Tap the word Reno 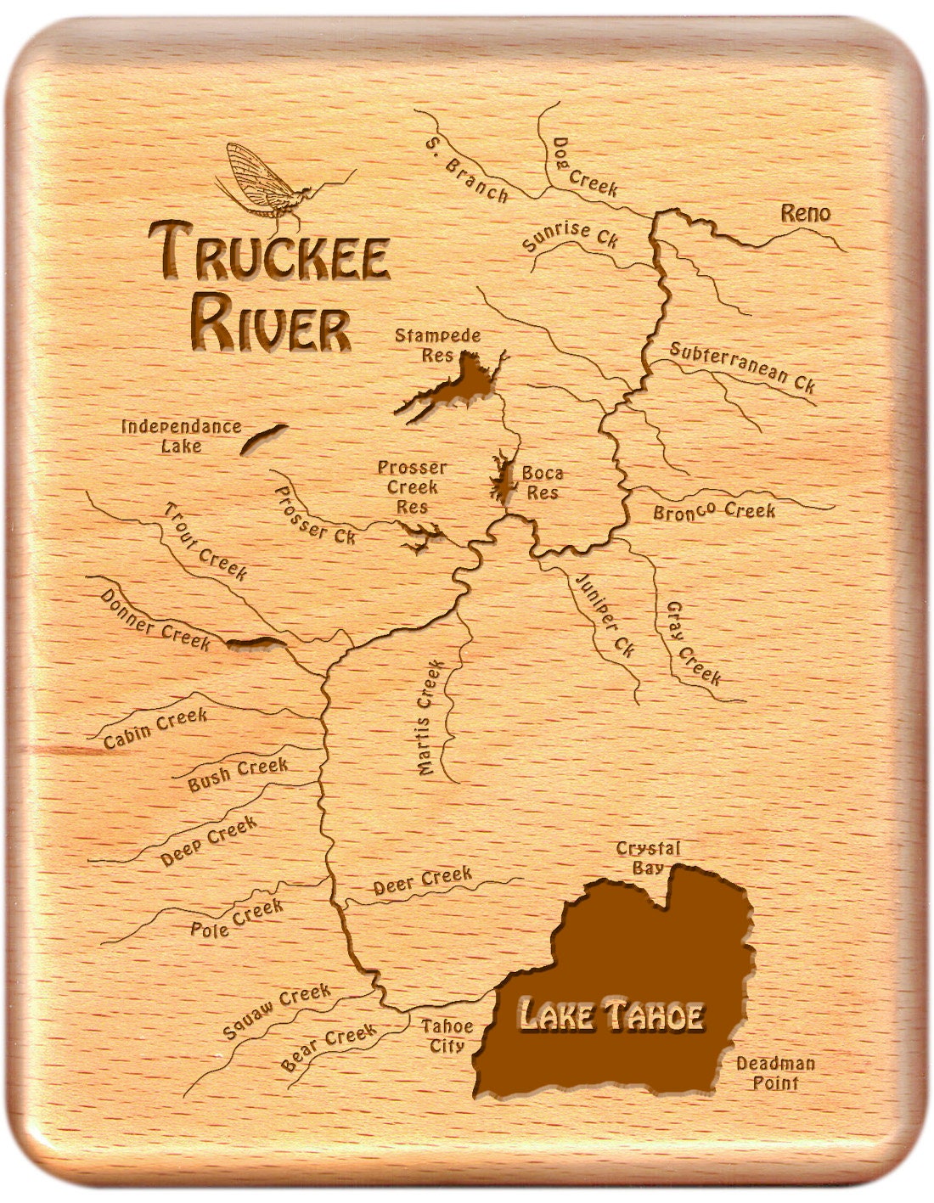tap(805, 213)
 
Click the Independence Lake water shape tap(263, 438)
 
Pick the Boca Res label tap(542, 482)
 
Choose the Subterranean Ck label tap(742, 367)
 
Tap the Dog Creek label tap(585, 167)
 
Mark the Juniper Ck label tap(605, 615)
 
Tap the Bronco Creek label tap(714, 511)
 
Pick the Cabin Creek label tap(155, 729)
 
